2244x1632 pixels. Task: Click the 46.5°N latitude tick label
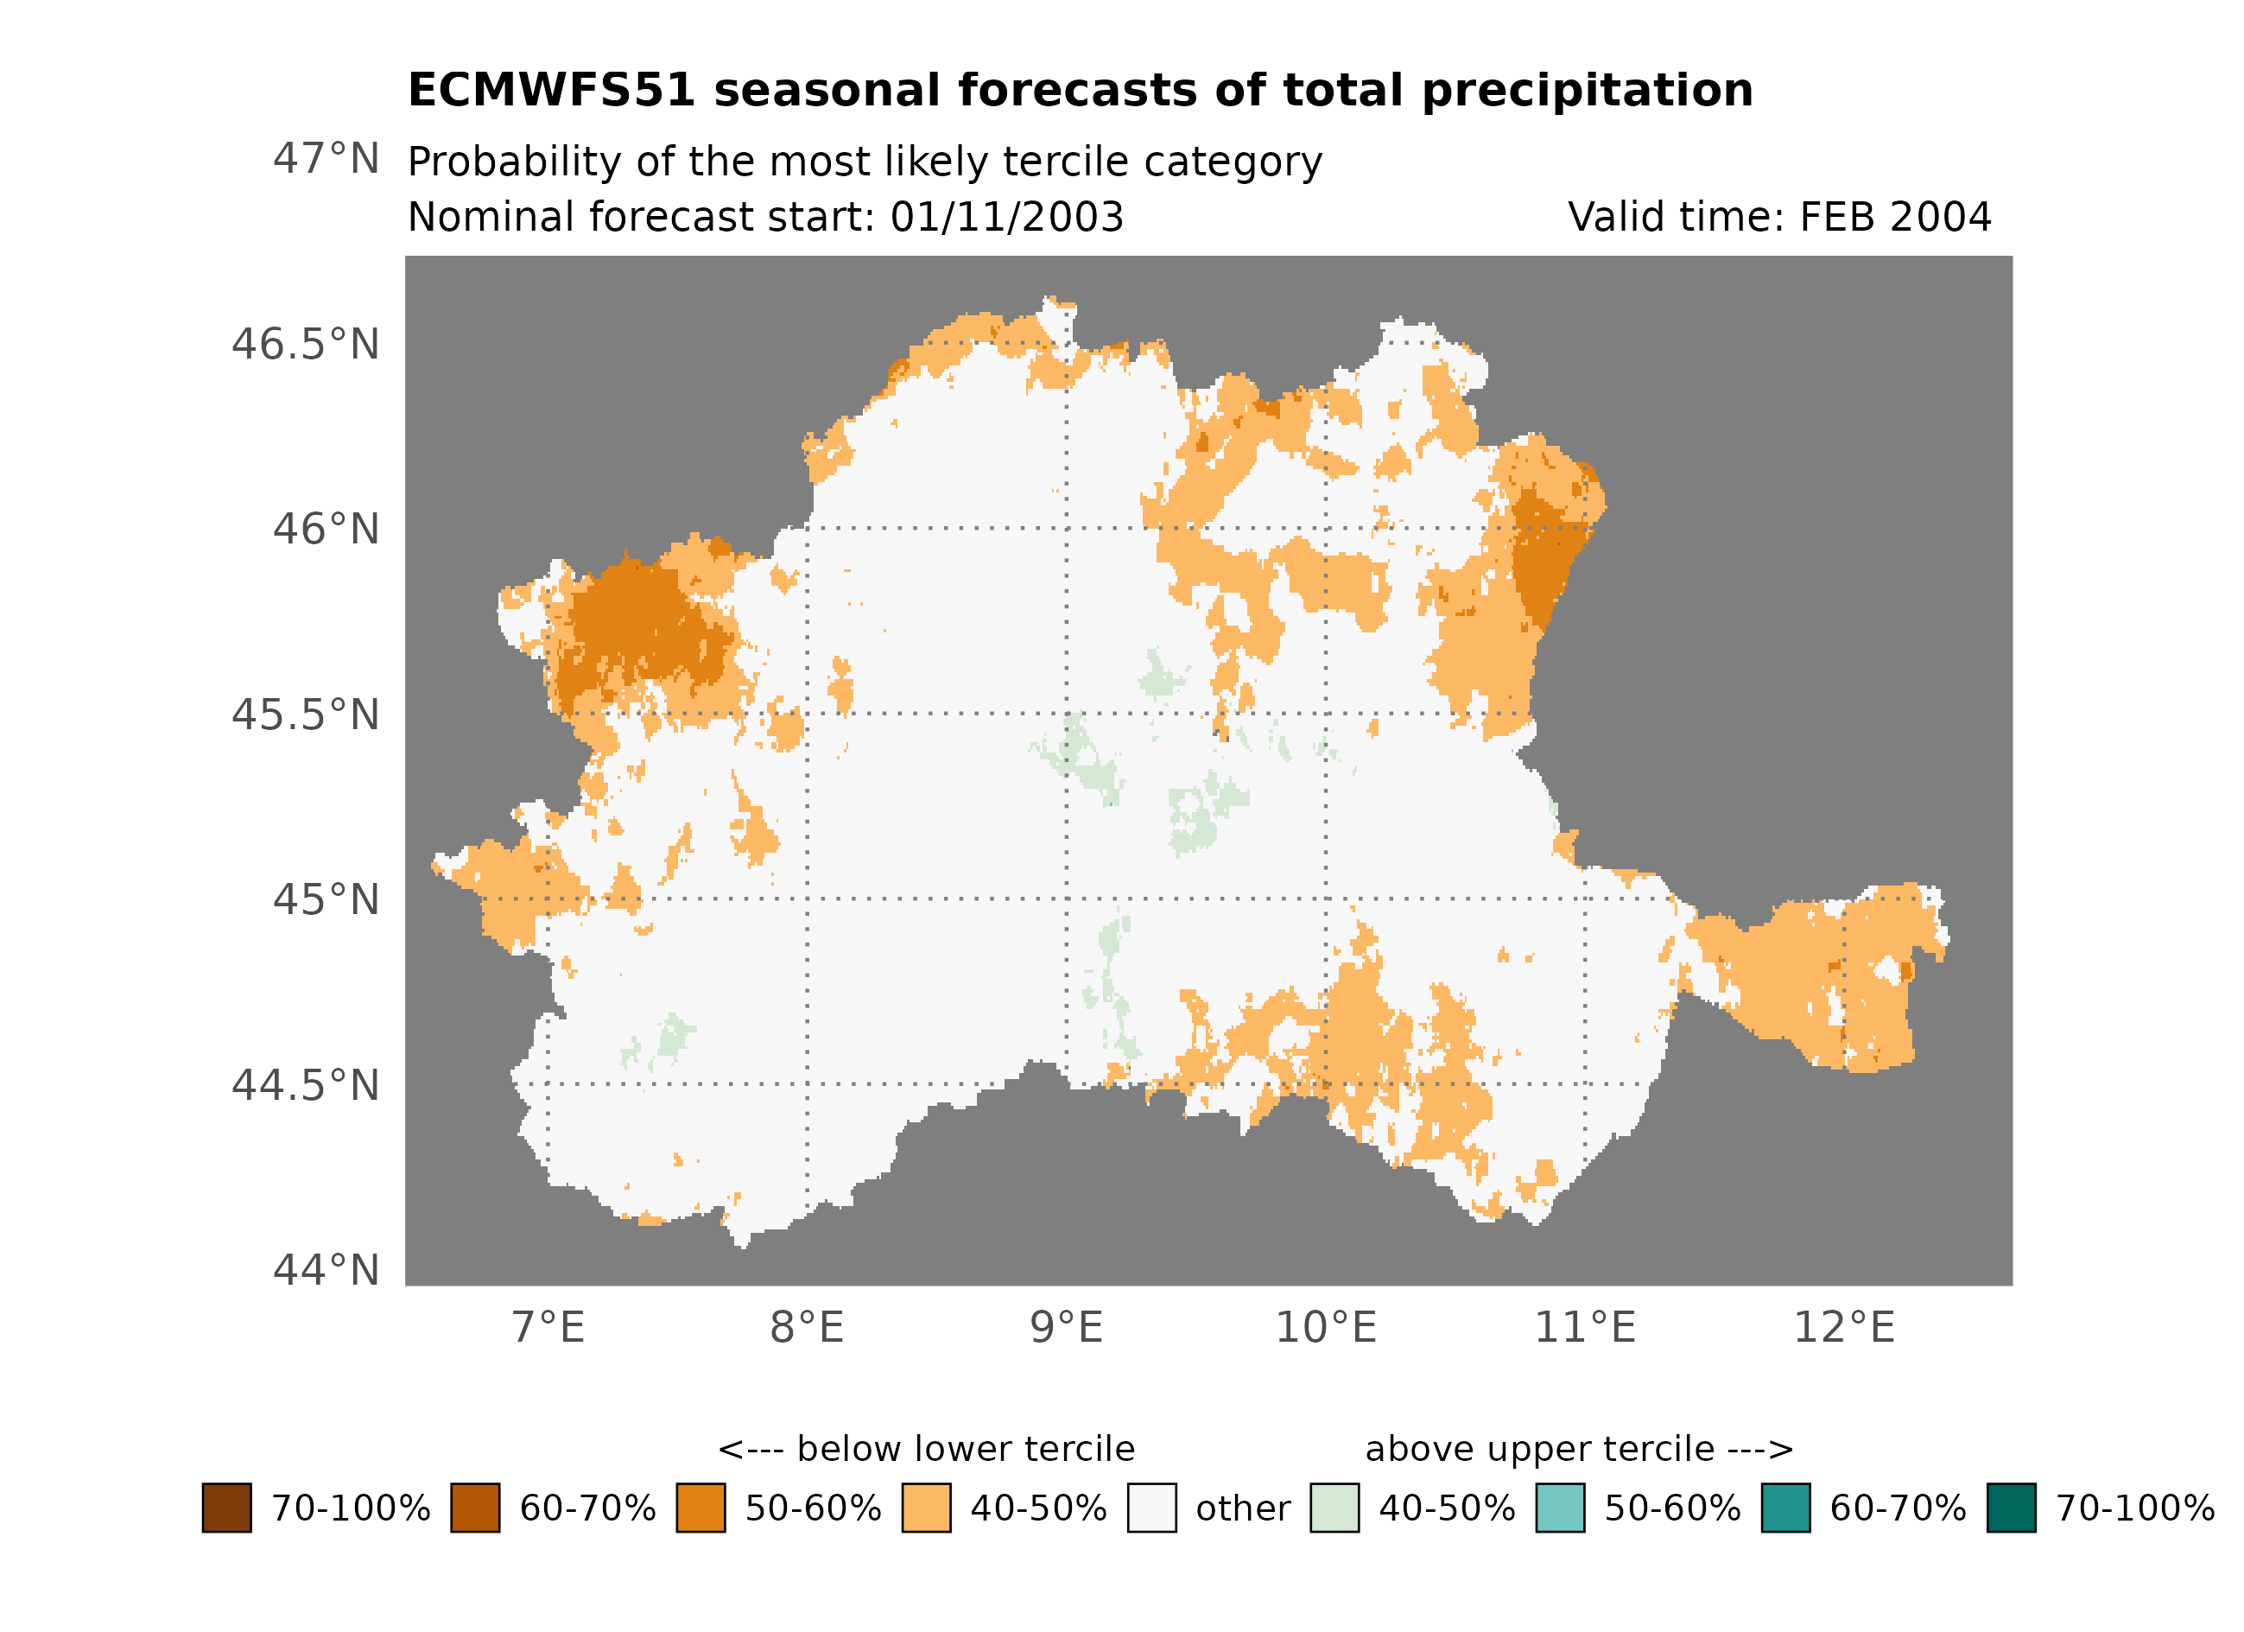coord(305,345)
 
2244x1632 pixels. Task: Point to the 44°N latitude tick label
coord(326,1270)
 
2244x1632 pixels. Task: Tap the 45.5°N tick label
coord(305,714)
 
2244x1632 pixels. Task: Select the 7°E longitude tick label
coord(548,1327)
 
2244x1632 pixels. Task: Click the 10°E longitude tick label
coord(1325,1327)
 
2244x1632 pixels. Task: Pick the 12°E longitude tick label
coord(1843,1327)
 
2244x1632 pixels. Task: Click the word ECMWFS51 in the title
coord(551,91)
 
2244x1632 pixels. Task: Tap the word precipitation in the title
coord(1586,91)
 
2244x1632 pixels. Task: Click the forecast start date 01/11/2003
coord(1006,217)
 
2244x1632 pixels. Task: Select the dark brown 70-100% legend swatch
coord(226,1508)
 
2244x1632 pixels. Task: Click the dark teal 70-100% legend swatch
coord(2011,1508)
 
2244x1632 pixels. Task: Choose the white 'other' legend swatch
coord(1151,1508)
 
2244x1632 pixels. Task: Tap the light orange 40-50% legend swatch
coord(926,1508)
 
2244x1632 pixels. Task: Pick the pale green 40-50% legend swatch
coord(1334,1508)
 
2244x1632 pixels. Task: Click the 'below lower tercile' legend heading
coord(926,1449)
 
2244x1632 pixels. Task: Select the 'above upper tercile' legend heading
coord(1578,1449)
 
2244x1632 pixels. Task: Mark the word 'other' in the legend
coord(1243,1508)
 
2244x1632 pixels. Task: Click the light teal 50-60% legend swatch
coord(1559,1508)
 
